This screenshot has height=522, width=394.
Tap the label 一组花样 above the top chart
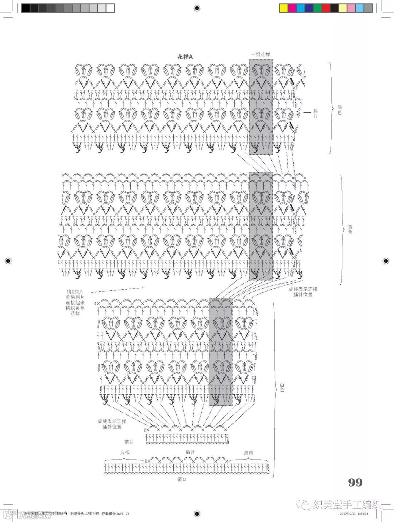261,54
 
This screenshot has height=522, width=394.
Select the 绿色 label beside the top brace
340,110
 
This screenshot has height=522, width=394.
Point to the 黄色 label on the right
350,229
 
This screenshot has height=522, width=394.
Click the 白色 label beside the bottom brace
282,387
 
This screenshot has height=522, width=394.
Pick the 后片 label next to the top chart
315,113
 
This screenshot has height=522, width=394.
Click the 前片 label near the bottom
129,442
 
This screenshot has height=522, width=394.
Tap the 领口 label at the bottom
182,479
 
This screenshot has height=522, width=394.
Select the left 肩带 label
125,452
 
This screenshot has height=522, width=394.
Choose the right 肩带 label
249,453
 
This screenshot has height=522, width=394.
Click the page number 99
355,483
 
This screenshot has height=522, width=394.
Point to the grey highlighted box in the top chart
261,107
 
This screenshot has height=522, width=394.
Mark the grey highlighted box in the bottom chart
220,352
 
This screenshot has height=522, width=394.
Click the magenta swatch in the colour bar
292,8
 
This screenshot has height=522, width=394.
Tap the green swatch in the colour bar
317,8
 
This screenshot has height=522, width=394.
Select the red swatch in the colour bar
326,8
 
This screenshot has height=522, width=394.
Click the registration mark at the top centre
197,8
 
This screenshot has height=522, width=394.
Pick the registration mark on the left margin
8,260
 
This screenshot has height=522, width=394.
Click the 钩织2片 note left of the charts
75,302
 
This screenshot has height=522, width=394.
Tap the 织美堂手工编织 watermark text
347,505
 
